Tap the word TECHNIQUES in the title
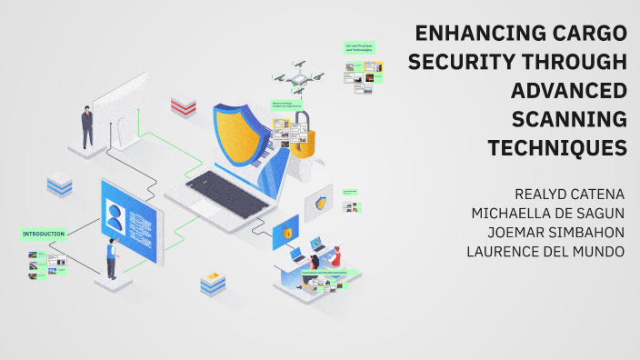tap(557, 146)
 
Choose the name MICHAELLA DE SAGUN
tap(547, 213)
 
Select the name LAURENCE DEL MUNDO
tap(545, 251)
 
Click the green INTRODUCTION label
tap(43, 234)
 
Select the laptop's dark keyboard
tap(227, 186)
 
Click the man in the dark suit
tap(87, 125)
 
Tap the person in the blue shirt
tap(112, 258)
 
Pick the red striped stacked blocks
tap(184, 106)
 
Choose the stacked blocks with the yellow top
tap(213, 282)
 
